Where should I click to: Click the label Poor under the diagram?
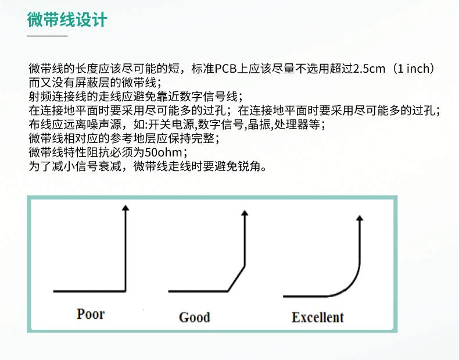pyautogui.click(x=91, y=314)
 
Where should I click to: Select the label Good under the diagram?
pyautogui.click(x=194, y=317)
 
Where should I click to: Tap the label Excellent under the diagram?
pyautogui.click(x=317, y=317)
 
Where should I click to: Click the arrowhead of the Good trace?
pyautogui.click(x=245, y=213)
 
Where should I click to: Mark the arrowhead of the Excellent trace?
pyautogui.click(x=360, y=218)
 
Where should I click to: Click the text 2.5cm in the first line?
pyautogui.click(x=370, y=69)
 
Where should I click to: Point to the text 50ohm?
pyautogui.click(x=164, y=153)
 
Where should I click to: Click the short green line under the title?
pyautogui.click(x=48, y=35)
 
